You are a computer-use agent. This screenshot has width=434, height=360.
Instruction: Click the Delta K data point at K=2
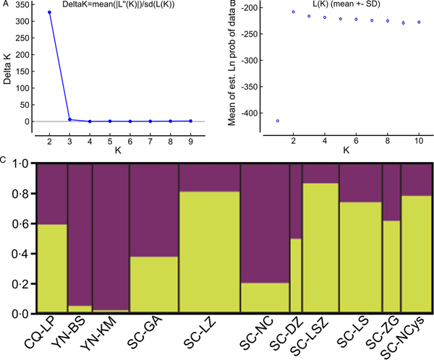(49, 12)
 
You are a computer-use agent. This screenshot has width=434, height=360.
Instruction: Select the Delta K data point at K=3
(69, 119)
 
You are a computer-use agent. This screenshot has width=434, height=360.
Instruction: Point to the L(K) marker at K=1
(278, 121)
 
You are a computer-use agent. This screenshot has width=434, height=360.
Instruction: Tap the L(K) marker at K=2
(294, 12)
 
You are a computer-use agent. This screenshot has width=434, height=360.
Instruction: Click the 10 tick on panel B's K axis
(418, 132)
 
